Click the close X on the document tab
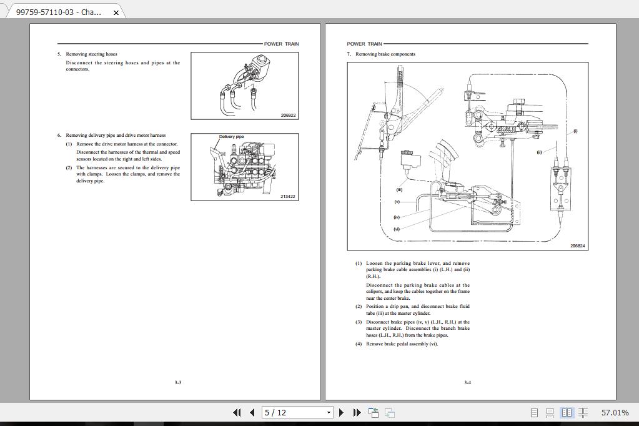(x=116, y=12)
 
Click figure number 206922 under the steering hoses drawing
(x=288, y=116)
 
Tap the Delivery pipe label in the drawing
(x=231, y=137)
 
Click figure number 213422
(x=288, y=197)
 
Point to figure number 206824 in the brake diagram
(x=578, y=246)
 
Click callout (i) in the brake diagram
(x=575, y=131)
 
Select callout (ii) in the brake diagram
(x=539, y=152)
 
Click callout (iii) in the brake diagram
(x=399, y=190)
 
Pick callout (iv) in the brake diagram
(x=397, y=217)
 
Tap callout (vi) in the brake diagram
(x=397, y=229)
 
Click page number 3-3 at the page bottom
(x=177, y=382)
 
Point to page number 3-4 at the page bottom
(x=467, y=382)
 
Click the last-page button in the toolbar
(x=357, y=412)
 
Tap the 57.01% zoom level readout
(x=615, y=413)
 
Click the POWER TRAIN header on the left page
(x=281, y=44)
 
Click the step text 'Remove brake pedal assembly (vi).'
(x=402, y=344)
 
